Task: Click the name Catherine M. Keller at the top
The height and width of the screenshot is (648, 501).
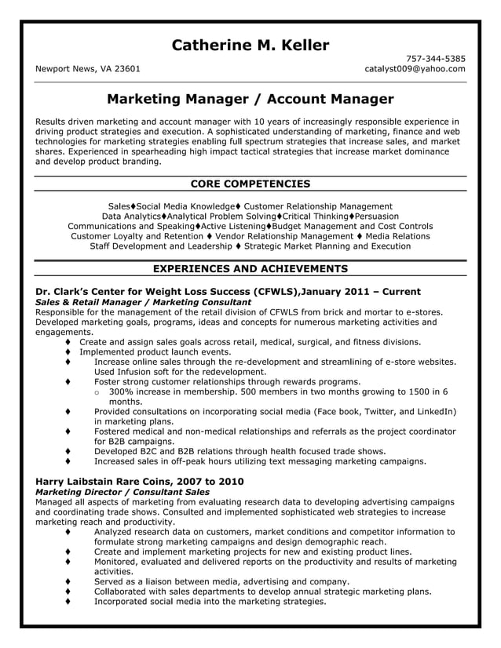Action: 251,46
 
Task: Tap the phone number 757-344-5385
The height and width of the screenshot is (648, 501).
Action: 436,58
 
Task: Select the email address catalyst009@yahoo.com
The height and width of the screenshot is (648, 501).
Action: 415,68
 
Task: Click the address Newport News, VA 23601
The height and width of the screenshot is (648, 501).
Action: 88,68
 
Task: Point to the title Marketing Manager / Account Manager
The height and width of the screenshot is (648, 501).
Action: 250,100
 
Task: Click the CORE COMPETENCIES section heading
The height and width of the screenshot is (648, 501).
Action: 251,184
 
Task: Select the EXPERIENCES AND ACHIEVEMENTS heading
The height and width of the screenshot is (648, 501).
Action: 251,268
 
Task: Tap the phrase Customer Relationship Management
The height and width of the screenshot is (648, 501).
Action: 318,206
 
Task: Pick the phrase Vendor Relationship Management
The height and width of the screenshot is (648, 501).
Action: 283,236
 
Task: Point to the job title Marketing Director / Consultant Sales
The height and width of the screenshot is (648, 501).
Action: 122,491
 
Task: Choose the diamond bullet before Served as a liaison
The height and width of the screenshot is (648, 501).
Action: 69,581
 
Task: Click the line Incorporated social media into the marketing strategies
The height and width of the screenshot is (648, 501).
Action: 210,602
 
